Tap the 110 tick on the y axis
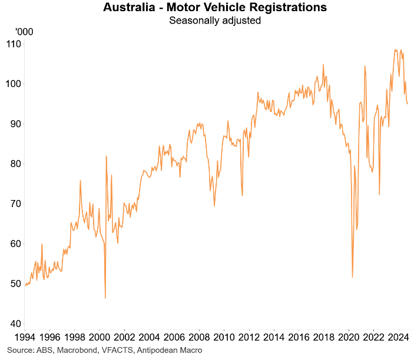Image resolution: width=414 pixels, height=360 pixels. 14,44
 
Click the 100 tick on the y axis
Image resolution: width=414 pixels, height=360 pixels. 14,84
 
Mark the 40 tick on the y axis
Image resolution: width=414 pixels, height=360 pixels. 15,324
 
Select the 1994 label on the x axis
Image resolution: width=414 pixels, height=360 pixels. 24,338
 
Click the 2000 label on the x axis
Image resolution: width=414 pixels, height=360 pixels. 99,338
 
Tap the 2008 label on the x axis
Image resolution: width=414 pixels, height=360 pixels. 198,338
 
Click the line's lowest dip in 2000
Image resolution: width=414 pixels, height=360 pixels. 105,298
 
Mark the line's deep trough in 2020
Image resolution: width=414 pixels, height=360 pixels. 352,277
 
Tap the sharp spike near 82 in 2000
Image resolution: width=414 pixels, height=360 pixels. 107,156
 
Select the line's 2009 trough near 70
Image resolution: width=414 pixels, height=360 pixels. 214,205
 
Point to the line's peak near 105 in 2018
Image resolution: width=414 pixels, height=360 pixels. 323,65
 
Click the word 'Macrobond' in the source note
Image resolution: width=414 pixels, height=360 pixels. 73,351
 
